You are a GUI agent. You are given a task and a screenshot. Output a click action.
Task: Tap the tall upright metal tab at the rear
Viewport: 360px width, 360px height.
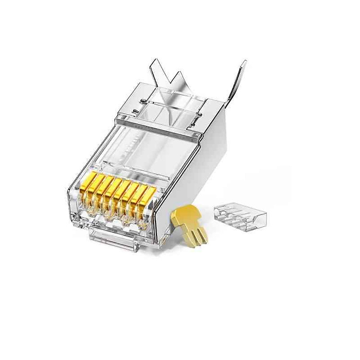[x=235, y=82]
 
